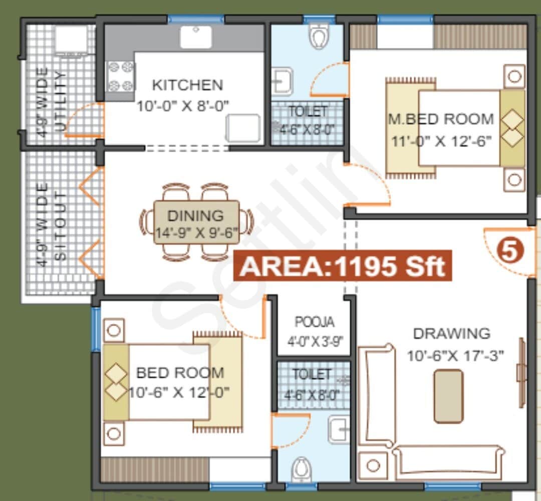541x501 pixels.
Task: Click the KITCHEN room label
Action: pyautogui.click(x=187, y=84)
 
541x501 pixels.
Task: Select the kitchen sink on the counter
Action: pyautogui.click(x=196, y=36)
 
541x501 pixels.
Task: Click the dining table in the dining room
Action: pyautogui.click(x=196, y=222)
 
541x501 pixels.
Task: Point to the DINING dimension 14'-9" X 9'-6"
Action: pyautogui.click(x=196, y=230)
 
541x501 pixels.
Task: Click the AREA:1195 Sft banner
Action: pyautogui.click(x=342, y=265)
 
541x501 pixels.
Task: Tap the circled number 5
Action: pyautogui.click(x=509, y=251)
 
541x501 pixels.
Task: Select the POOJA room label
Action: pyautogui.click(x=315, y=321)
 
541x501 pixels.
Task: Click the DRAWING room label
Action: pyautogui.click(x=451, y=333)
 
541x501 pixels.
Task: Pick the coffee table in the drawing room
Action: pyautogui.click(x=448, y=395)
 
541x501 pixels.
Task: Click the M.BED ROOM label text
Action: pyautogui.click(x=441, y=119)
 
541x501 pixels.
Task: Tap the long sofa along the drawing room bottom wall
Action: pyautogui.click(x=448, y=456)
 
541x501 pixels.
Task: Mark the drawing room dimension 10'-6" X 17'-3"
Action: pyautogui.click(x=455, y=355)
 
